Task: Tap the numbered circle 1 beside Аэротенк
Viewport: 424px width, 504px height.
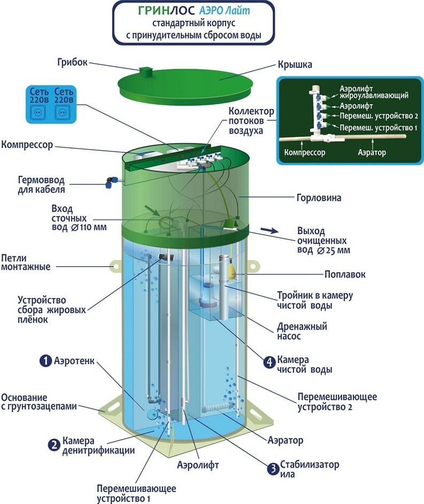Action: pyautogui.click(x=45, y=361)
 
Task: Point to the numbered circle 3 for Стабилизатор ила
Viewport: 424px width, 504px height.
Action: pyautogui.click(x=273, y=469)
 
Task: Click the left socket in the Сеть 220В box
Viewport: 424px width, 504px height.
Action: pyautogui.click(x=37, y=113)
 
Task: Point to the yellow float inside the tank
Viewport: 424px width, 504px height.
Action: pyautogui.click(x=229, y=268)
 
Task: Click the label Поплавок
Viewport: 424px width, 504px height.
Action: pyautogui.click(x=345, y=275)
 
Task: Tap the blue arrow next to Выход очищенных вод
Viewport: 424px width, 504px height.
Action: pyautogui.click(x=272, y=230)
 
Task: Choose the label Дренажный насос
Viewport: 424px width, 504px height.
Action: pyautogui.click(x=302, y=331)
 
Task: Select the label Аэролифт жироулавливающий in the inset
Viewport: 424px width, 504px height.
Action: pyautogui.click(x=374, y=91)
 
